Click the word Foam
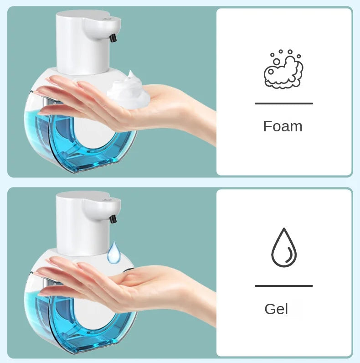pos(283,126)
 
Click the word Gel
pos(276,309)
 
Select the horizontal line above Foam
pos(283,104)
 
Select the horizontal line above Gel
pos(283,286)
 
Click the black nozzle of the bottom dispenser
pos(113,218)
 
